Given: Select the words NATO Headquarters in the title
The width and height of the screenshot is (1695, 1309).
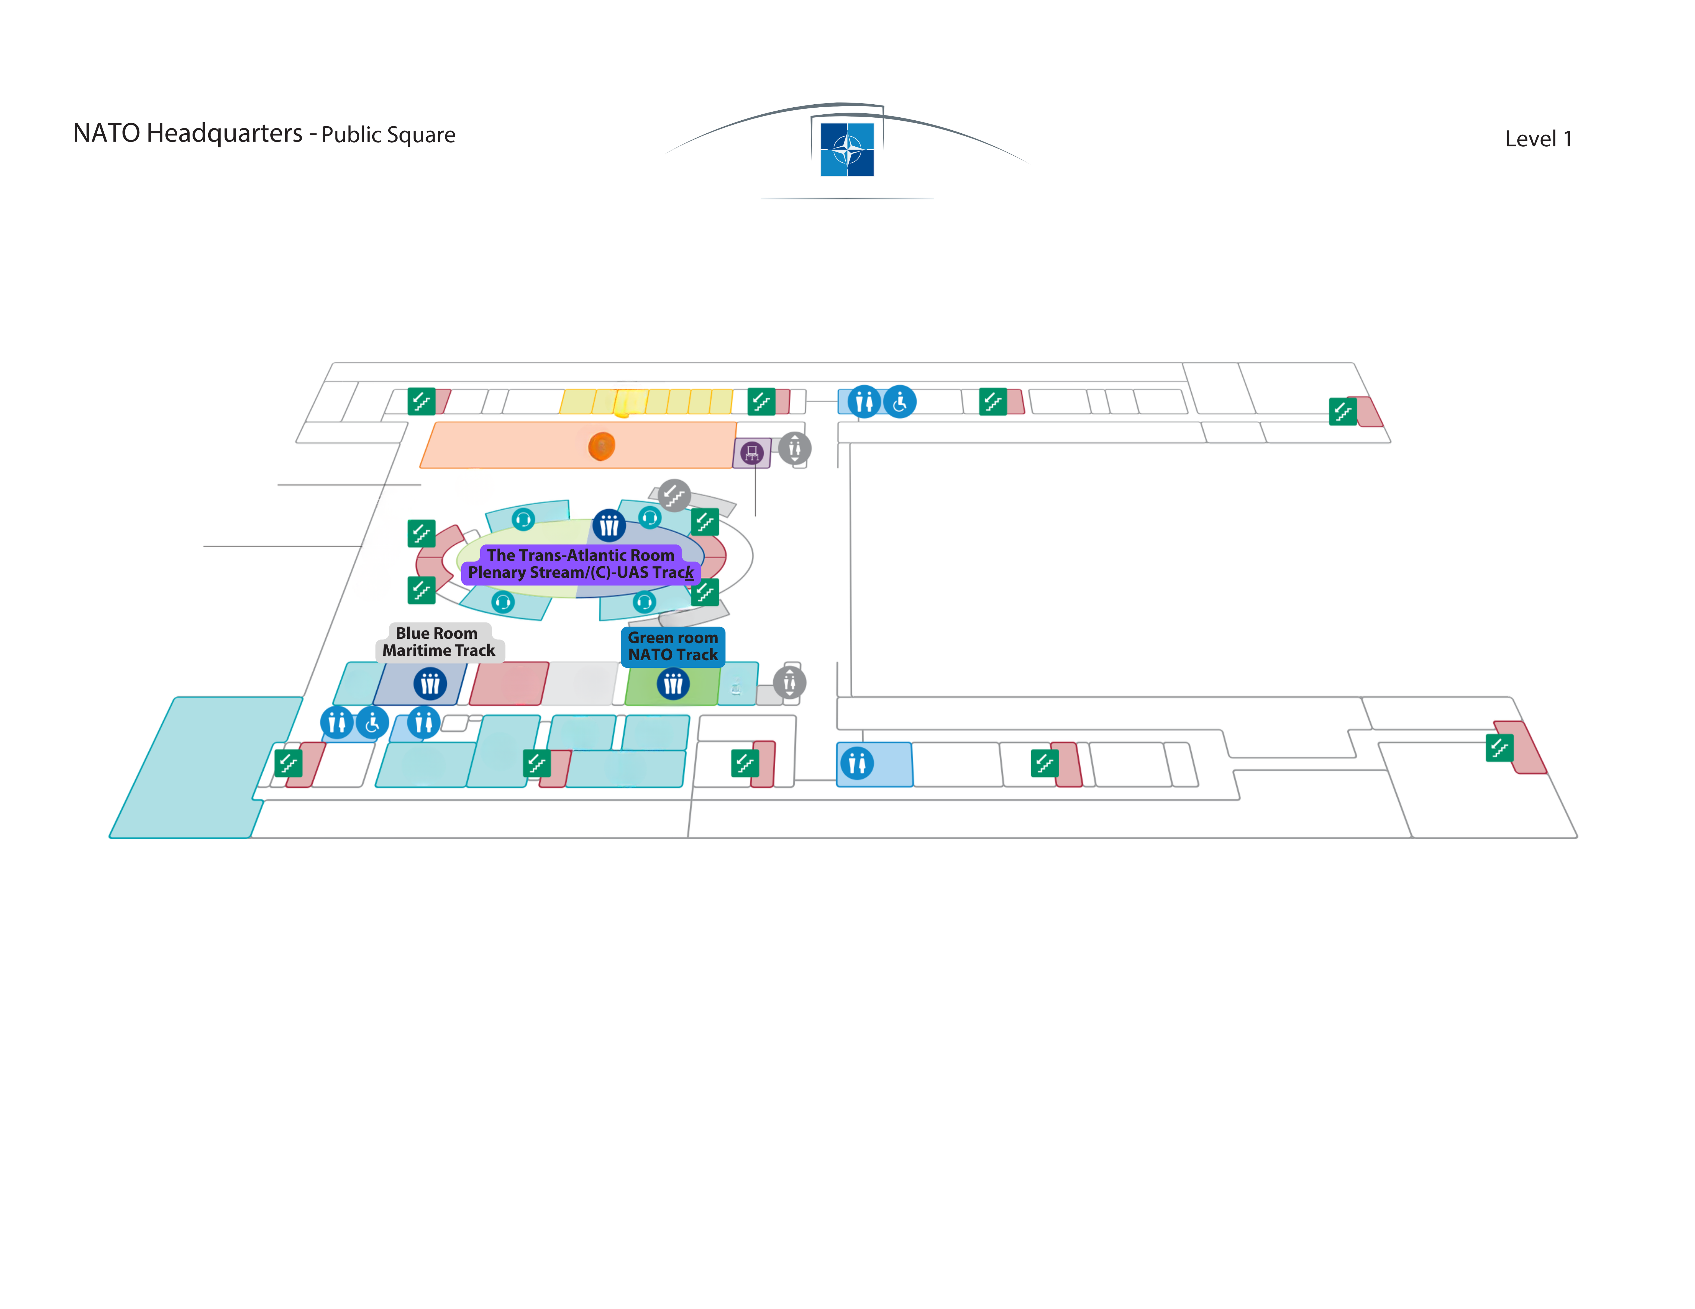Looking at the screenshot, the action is (x=188, y=133).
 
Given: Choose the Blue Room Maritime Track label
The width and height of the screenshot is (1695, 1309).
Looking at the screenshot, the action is (x=439, y=642).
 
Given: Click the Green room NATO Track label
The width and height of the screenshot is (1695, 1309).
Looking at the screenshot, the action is (x=673, y=646).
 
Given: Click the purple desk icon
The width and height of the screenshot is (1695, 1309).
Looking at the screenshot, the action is (x=751, y=453).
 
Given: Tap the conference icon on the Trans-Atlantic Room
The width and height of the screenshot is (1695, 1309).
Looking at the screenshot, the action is (x=609, y=526).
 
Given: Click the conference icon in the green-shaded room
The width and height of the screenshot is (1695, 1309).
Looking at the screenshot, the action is (x=673, y=684).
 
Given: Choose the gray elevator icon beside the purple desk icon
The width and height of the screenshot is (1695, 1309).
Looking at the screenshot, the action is (x=795, y=449).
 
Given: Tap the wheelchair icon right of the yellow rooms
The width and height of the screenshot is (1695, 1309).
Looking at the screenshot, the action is (x=900, y=402).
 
